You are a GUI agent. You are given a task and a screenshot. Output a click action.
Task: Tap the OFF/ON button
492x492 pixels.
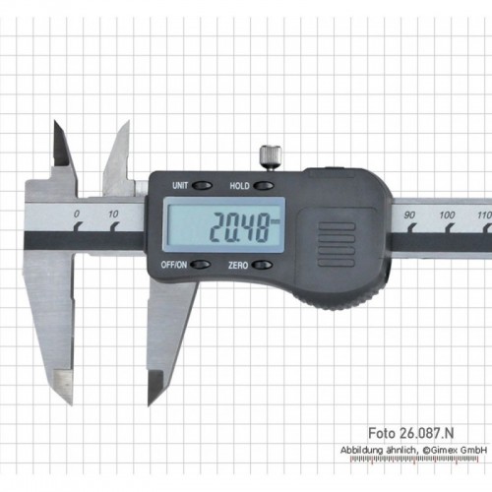click(201, 265)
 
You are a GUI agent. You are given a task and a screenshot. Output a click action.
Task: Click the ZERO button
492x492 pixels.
click(263, 265)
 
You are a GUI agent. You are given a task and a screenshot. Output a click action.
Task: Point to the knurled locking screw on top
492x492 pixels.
click(271, 156)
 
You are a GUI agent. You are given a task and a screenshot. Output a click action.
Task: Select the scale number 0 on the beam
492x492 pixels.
click(77, 214)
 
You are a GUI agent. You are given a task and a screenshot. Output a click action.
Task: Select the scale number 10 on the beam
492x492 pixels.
click(113, 215)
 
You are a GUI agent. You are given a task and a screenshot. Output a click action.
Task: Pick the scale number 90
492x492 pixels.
click(409, 215)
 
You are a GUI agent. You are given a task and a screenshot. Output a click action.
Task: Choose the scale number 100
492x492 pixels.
click(447, 215)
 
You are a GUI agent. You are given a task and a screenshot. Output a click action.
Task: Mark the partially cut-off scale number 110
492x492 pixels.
click(485, 215)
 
